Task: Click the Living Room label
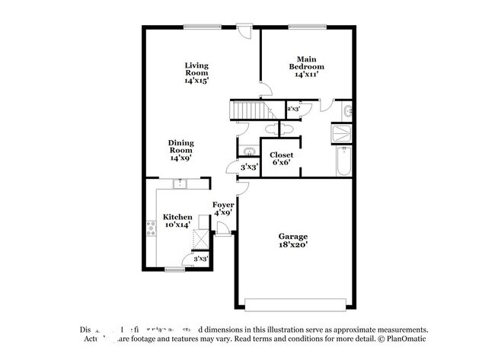(196, 72)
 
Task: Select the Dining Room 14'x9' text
(181, 150)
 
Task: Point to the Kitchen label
(177, 221)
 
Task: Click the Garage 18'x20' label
(293, 241)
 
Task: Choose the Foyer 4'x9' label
(222, 209)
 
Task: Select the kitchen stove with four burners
(151, 228)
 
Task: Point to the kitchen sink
(180, 183)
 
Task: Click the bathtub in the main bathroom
(343, 162)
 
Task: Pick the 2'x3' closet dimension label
(293, 110)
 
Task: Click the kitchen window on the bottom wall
(175, 268)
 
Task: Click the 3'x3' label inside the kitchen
(200, 260)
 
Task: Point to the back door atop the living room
(244, 33)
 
